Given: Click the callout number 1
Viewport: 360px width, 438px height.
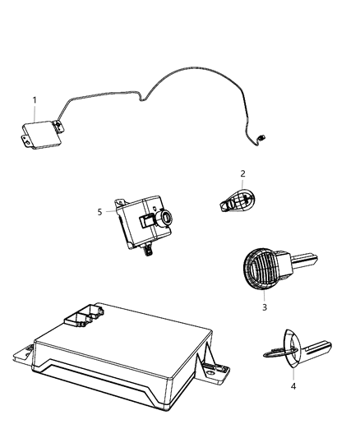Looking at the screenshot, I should (x=35, y=100).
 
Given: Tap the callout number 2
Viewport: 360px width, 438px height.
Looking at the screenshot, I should (x=243, y=173).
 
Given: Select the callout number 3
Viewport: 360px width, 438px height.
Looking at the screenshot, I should (x=265, y=307).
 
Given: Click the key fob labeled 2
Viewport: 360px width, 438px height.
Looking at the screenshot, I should (x=237, y=198).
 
